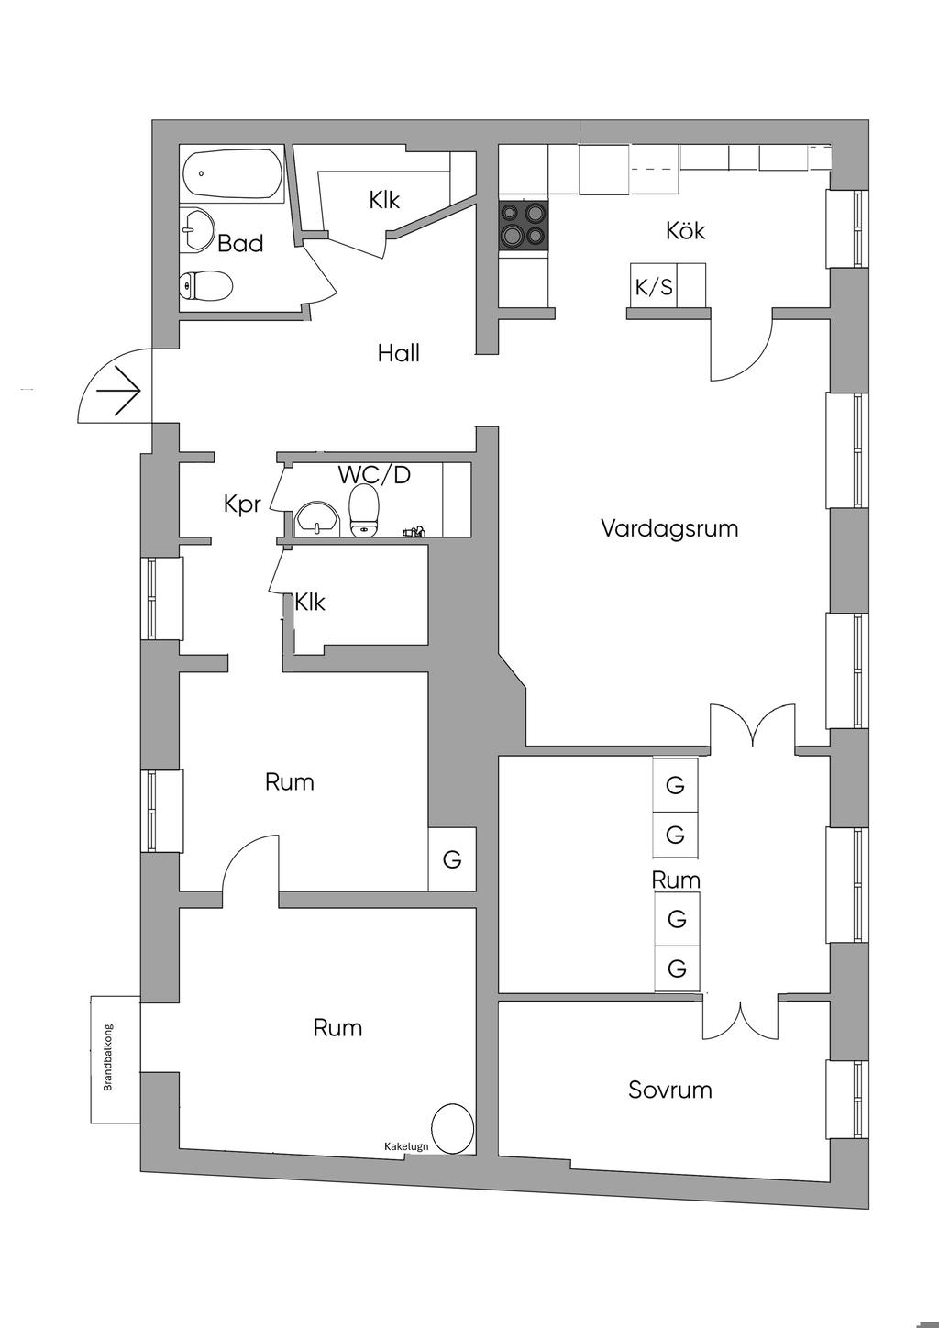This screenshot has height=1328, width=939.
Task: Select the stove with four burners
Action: pos(524,226)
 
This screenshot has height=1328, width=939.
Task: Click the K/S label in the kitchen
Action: pos(655,288)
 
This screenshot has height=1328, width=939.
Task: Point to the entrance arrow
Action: pos(118,391)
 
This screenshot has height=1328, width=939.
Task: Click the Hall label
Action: pos(398,353)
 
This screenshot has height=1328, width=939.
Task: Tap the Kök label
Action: pos(685,230)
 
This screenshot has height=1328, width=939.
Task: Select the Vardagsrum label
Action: pos(669,527)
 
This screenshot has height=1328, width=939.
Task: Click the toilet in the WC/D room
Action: pos(364,511)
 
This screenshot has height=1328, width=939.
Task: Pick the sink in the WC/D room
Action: pos(318,520)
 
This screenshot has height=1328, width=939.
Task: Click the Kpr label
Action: pos(242,504)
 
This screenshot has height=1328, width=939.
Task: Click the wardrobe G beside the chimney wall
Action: pos(452,858)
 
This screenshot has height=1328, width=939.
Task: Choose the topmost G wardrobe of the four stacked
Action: pos(675,785)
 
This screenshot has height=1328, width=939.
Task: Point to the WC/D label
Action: pos(374,474)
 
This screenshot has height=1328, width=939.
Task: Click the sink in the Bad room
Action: pos(195,229)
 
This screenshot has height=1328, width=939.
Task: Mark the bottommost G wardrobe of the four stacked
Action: pos(677,968)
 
